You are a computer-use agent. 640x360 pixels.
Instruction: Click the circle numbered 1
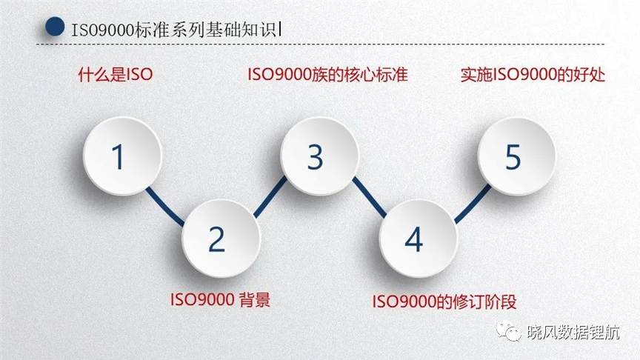tap(123, 156)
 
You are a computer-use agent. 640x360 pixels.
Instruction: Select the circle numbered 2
tap(221, 238)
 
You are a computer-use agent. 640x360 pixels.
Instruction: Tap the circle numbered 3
tap(319, 156)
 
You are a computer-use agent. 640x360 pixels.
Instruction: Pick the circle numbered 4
tap(419, 238)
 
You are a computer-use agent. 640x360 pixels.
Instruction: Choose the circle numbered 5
tap(517, 156)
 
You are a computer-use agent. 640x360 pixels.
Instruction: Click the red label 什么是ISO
tap(116, 75)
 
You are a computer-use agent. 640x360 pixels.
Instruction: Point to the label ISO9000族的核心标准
tap(327, 75)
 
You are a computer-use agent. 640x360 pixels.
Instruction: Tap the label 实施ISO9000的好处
tap(533, 75)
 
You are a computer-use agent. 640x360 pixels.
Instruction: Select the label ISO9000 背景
tap(221, 299)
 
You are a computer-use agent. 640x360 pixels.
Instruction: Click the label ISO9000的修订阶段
tap(444, 301)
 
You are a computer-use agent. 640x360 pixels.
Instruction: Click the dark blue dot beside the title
tap(55, 27)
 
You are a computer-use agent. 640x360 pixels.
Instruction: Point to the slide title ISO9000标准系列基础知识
tap(174, 30)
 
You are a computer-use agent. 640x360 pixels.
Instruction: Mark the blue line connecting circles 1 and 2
tap(165, 207)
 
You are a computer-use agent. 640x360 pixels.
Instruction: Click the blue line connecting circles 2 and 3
tap(270, 197)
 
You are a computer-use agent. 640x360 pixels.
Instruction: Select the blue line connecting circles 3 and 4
tap(370, 197)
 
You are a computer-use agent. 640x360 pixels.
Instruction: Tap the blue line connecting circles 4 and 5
tap(473, 204)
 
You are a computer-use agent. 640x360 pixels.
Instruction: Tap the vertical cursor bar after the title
tap(280, 30)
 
